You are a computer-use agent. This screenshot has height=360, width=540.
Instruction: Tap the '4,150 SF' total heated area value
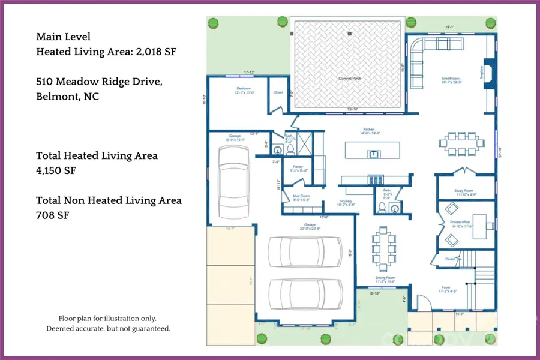tap(56, 171)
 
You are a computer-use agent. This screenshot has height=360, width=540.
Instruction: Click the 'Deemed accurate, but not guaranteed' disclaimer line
tap(108, 329)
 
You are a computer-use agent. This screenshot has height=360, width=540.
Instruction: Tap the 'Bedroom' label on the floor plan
tap(244, 88)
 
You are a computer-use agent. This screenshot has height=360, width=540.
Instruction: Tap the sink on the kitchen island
tap(373, 154)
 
